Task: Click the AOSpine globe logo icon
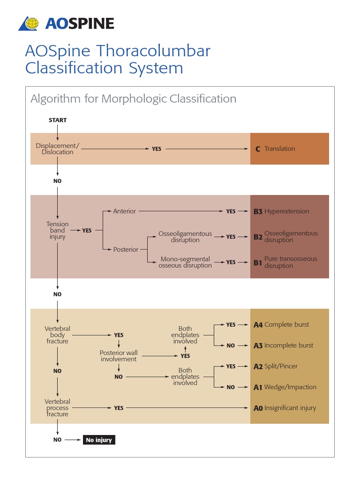coord(30,23)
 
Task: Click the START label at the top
coord(58,120)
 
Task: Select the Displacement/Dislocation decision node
coord(58,149)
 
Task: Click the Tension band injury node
coord(58,231)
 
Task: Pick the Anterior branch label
coord(124,211)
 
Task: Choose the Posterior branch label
coord(126,249)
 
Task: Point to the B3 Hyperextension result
coord(281,211)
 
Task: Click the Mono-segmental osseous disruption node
coord(185,262)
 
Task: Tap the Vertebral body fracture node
coord(58,335)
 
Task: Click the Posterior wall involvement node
coord(119,356)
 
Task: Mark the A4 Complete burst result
coord(281,325)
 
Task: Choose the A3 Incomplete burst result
coord(283,345)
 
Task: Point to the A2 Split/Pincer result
coord(276,367)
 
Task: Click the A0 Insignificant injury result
coord(285,408)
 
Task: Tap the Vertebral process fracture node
coord(58,408)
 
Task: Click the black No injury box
coord(99,440)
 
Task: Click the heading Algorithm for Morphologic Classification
coord(133,99)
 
